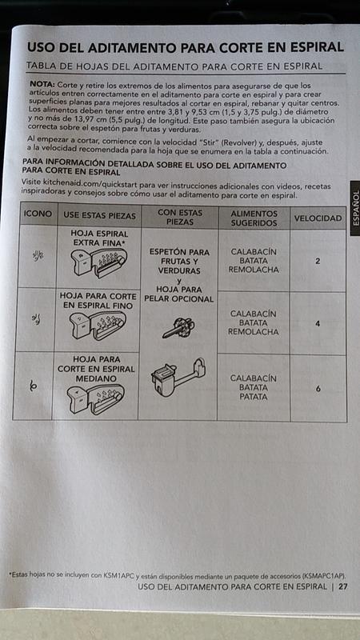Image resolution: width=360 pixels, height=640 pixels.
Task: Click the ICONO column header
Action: tap(38, 214)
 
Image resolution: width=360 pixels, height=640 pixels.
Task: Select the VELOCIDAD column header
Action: tap(318, 218)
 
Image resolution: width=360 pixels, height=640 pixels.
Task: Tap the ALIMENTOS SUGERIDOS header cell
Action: tap(254, 218)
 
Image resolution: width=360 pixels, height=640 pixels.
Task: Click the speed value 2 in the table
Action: tap(318, 262)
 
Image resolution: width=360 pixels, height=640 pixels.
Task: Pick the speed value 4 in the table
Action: tap(318, 324)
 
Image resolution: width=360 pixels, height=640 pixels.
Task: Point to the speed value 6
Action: tap(318, 389)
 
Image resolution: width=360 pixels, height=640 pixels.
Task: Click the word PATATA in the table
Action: tap(254, 397)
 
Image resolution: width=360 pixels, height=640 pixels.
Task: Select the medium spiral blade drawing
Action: tap(96, 399)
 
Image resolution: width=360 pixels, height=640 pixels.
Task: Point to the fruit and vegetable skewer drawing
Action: tap(178, 327)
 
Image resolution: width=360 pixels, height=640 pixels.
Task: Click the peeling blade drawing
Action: tap(178, 378)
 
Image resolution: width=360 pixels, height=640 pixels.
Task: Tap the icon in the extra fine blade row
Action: tap(38, 255)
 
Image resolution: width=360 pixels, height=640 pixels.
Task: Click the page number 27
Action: tap(343, 587)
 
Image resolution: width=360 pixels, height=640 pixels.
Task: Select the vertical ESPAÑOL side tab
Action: tap(354, 208)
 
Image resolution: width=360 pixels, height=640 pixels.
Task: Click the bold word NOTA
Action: tap(42, 84)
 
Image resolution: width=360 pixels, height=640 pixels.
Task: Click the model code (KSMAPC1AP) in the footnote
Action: tap(324, 576)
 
